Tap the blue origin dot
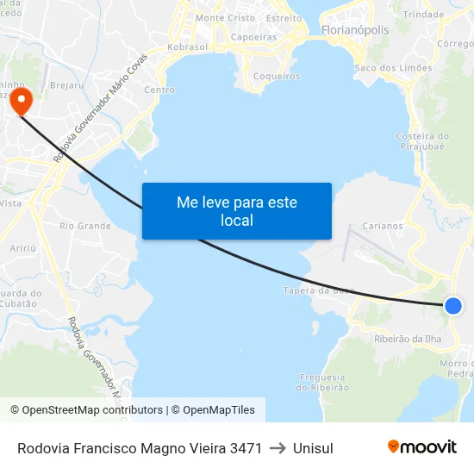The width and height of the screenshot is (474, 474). tap(453, 305)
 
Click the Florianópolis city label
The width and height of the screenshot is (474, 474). tap(354, 30)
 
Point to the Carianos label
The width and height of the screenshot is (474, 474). tap(383, 226)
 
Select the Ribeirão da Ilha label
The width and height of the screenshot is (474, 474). tap(409, 339)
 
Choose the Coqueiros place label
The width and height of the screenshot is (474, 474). tap(276, 76)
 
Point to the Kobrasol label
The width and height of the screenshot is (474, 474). tap(189, 47)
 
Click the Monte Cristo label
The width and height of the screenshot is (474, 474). tap(225, 18)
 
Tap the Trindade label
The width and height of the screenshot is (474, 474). tap(423, 15)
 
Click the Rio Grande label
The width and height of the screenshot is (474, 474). tap(85, 226)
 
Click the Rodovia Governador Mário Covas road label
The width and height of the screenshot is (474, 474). tap(99, 109)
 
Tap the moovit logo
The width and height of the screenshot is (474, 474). tap(422, 446)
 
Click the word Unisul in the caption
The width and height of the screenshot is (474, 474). tap(313, 448)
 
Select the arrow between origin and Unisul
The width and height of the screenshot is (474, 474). tap(278, 448)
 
